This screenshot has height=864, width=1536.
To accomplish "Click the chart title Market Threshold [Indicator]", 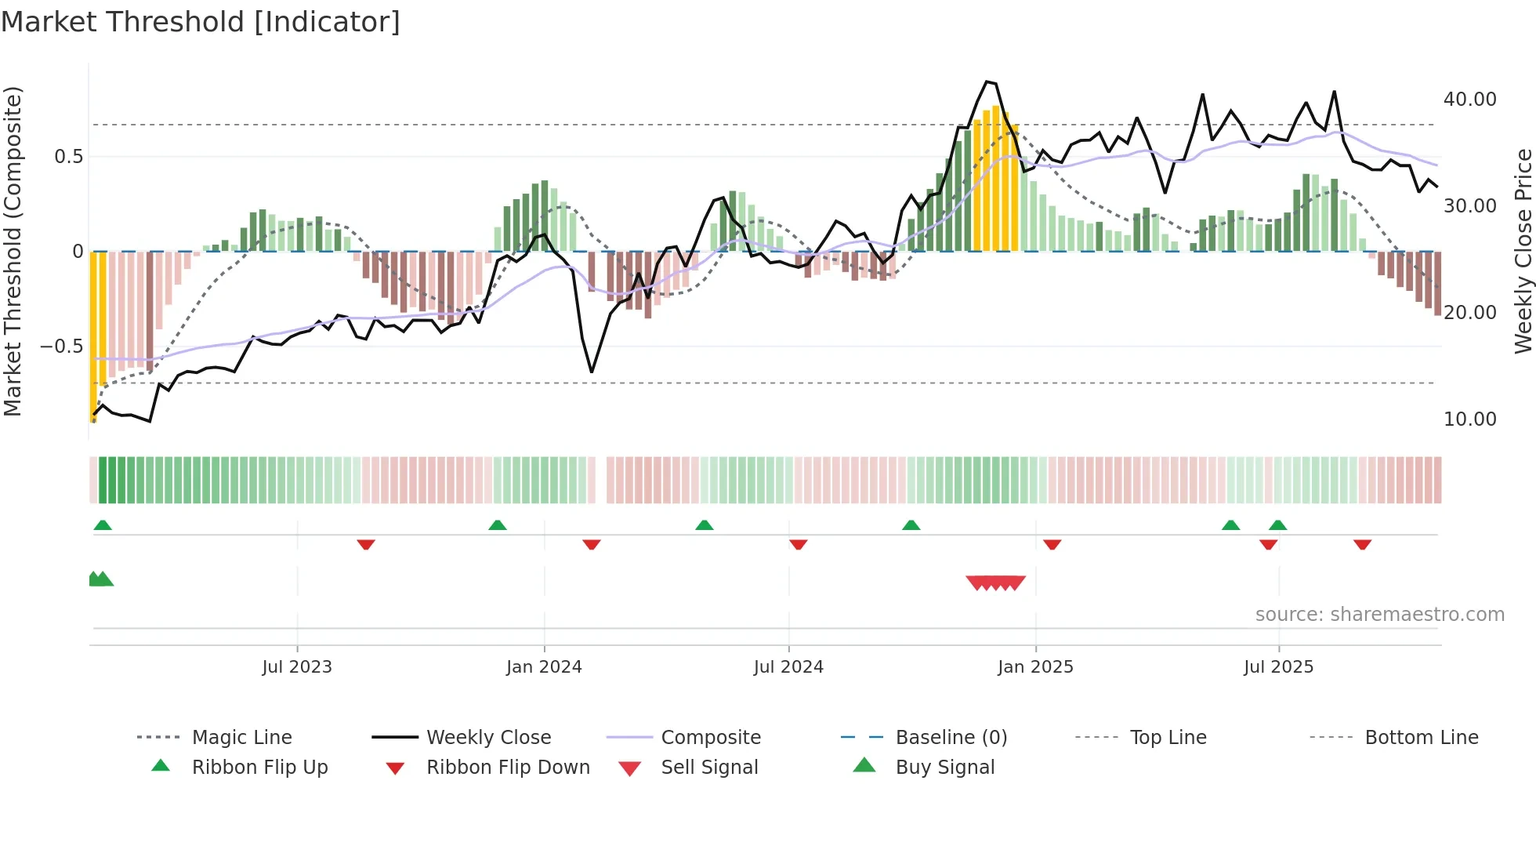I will [x=201, y=22].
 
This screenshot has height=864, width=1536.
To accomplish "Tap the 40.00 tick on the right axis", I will [x=1469, y=100].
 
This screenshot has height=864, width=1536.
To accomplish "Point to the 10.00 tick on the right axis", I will [x=1469, y=419].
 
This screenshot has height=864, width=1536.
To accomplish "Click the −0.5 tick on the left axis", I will [x=61, y=347].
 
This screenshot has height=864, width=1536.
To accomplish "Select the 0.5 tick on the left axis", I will [x=68, y=157].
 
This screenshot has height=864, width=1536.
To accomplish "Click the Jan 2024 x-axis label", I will [x=544, y=667].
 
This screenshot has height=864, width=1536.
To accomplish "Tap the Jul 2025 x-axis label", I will [x=1278, y=667].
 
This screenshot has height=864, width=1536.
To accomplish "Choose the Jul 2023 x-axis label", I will [x=297, y=667].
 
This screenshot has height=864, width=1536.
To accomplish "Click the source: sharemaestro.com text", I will [x=1379, y=615].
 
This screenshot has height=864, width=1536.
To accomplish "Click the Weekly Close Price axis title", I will [x=1523, y=251].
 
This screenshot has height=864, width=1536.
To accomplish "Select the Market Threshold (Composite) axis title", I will [x=13, y=251].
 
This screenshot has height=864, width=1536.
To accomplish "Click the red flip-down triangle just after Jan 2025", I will [x=1052, y=545].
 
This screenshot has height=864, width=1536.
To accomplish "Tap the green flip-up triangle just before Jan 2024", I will [x=497, y=525].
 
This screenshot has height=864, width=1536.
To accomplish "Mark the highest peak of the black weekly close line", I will [x=987, y=81].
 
